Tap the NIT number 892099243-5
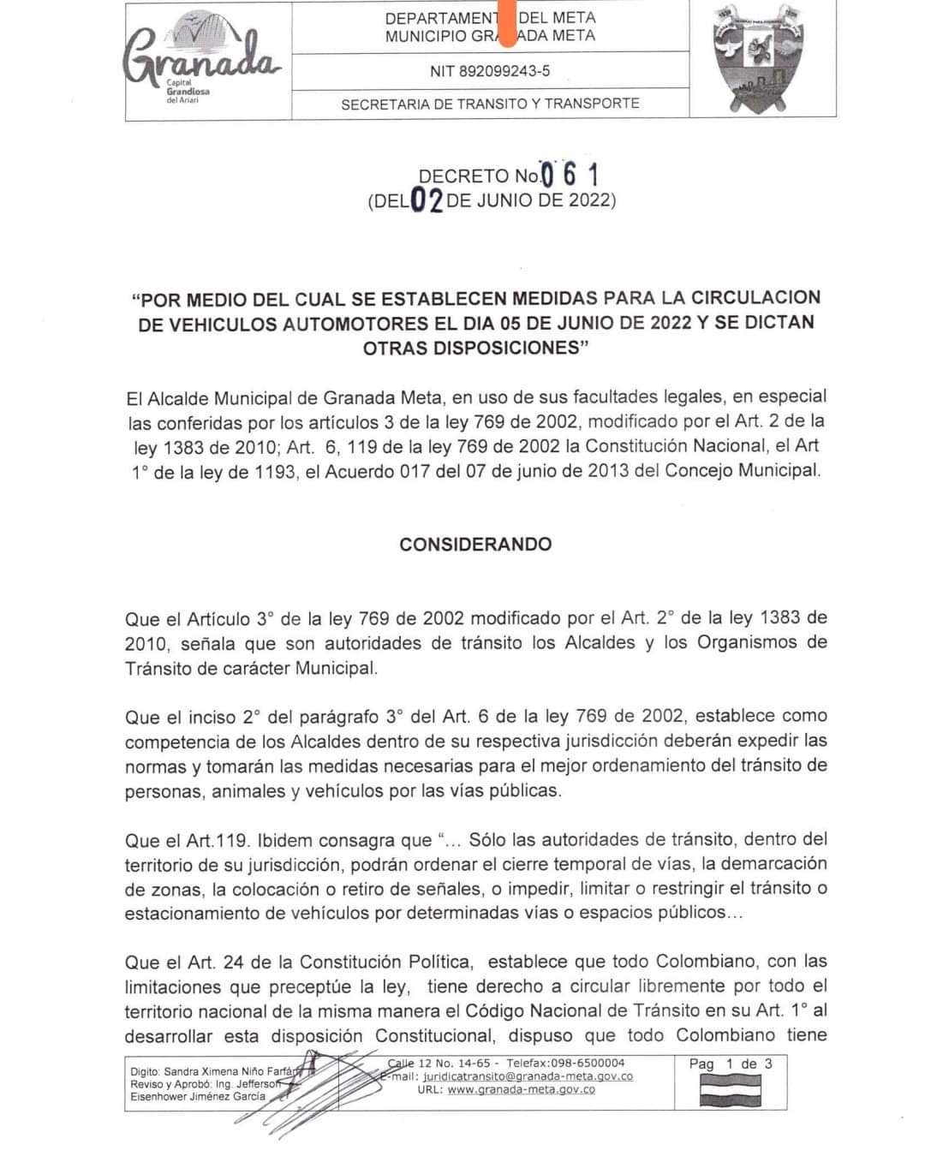tap(490, 72)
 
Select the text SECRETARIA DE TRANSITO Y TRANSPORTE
tap(490, 104)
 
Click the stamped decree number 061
tap(569, 175)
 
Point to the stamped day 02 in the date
tap(427, 201)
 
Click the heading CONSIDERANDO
tap(475, 544)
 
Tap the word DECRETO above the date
tap(463, 176)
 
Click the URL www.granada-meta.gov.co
tap(521, 1089)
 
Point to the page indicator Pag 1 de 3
tap(731, 1064)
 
